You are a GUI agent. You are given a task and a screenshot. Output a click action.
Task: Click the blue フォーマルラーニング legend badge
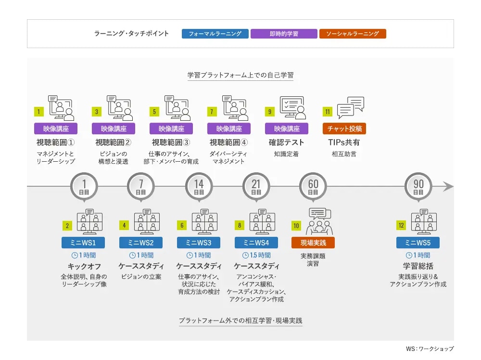click(x=215, y=34)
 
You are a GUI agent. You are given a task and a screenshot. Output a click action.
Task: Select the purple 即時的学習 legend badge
click(x=284, y=34)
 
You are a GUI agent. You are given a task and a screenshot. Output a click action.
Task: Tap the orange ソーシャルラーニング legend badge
click(x=353, y=34)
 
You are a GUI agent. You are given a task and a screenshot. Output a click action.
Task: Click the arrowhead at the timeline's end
click(x=448, y=186)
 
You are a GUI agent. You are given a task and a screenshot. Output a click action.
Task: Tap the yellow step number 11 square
click(x=328, y=112)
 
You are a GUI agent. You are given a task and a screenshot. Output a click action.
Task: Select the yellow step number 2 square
click(x=67, y=226)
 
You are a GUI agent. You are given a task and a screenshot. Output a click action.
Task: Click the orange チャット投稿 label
click(x=344, y=129)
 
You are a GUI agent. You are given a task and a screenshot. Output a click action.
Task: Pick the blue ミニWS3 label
click(x=199, y=243)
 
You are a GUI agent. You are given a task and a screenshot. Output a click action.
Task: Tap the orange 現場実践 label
click(x=313, y=243)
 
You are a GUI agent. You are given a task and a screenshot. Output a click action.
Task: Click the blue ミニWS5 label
click(x=418, y=243)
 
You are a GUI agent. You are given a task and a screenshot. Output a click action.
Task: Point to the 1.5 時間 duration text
click(x=256, y=256)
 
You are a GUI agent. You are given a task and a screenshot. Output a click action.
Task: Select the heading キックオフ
click(x=84, y=266)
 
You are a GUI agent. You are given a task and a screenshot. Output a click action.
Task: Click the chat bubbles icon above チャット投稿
click(x=351, y=107)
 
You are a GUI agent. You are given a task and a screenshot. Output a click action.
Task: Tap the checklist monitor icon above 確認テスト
click(x=292, y=107)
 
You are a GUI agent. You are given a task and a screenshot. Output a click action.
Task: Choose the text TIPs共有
click(x=344, y=142)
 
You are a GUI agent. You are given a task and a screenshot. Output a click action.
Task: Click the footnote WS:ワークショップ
click(x=430, y=348)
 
